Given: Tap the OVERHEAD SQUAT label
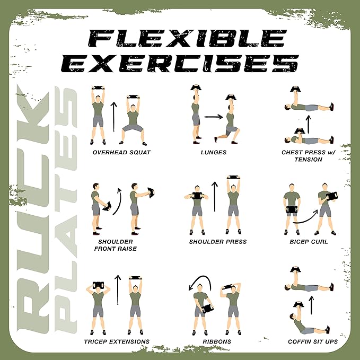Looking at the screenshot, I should (x=121, y=153).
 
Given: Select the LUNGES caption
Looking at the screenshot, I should (x=214, y=153).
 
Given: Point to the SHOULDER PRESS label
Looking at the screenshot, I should (x=218, y=242).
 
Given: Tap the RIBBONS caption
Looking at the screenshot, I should (x=217, y=341).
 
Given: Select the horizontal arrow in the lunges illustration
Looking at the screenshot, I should (x=214, y=116).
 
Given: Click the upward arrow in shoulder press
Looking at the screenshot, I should (x=215, y=201).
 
